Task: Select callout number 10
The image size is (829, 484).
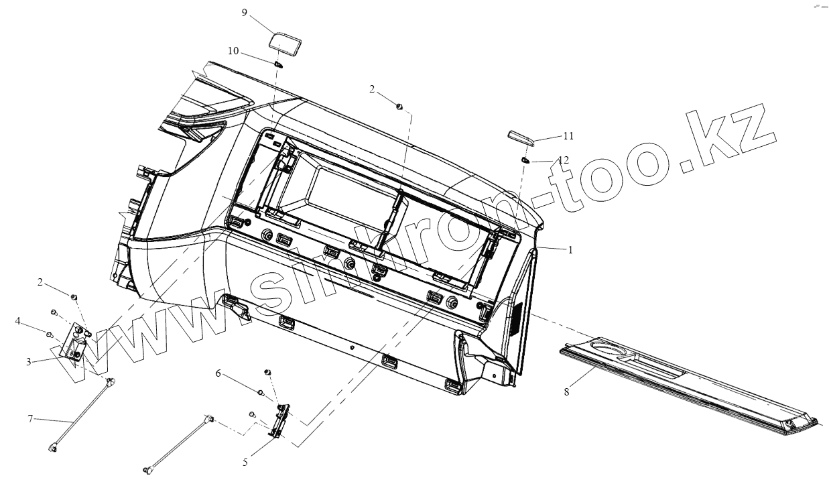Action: (x=233, y=50)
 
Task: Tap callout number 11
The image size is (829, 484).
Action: (x=568, y=135)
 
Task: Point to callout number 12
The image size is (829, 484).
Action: (x=564, y=160)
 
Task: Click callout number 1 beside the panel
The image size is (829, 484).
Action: (x=570, y=249)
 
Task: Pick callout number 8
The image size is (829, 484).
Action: (x=566, y=391)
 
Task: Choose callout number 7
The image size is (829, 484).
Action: (x=30, y=418)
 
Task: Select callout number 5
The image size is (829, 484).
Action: (x=245, y=462)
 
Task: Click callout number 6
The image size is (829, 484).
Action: (x=217, y=373)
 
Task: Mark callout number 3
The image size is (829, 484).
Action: (x=29, y=362)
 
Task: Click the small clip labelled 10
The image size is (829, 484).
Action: (x=278, y=64)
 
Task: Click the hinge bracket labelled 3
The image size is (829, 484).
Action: (x=76, y=345)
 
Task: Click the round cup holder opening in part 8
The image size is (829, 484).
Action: (x=607, y=349)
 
